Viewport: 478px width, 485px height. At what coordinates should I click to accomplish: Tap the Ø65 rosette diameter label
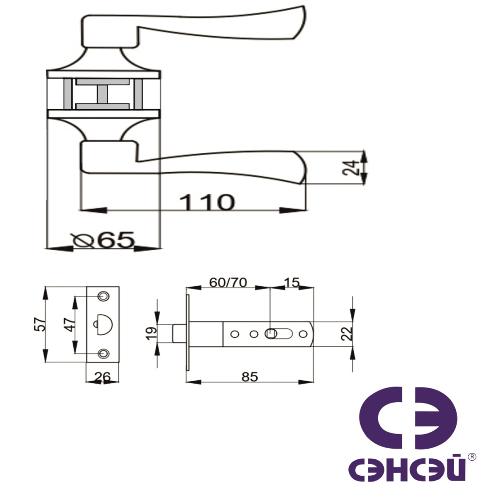coord(103,240)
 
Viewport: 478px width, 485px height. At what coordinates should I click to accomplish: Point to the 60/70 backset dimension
coord(228,282)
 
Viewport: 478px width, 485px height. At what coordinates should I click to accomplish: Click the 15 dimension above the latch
coord(292,282)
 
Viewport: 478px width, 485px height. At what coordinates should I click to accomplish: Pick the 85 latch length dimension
coord(249,377)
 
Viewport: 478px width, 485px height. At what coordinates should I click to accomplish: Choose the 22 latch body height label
coord(347,334)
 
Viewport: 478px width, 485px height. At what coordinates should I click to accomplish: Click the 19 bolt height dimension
coord(151,333)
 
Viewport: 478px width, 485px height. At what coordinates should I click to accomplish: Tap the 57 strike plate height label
coord(40,324)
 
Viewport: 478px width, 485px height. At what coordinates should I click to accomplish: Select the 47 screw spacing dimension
coord(70,324)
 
